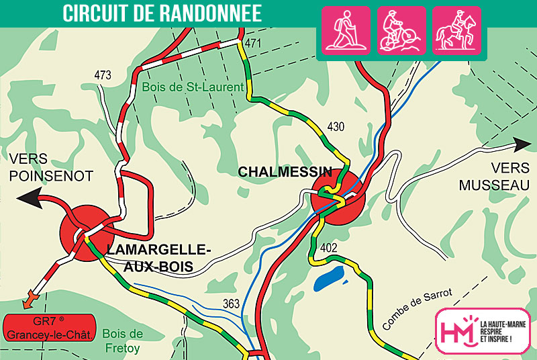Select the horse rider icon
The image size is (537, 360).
coord(456,30)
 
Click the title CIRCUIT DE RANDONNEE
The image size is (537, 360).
coord(162,14)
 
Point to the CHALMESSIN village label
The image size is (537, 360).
coord(285,172)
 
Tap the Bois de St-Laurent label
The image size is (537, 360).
coord(193,87)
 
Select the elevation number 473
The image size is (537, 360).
coord(103,76)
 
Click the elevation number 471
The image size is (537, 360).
coord(252,44)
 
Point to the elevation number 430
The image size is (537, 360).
coord(336,126)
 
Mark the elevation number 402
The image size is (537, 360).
coord(329,248)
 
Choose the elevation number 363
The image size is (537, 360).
coord(231,304)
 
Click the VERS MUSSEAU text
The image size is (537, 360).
coord(495,177)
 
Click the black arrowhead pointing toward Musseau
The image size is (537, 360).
coord(523,143)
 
